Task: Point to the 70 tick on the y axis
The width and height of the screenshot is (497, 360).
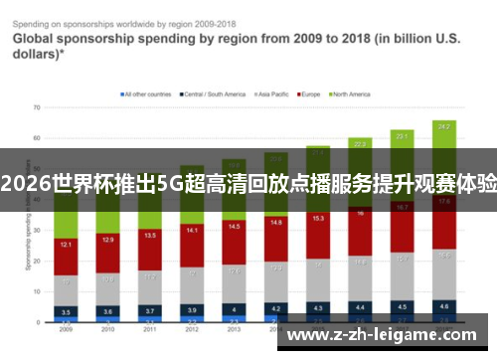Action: point(36,106)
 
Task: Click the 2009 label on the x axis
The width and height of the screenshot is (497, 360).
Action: point(66,329)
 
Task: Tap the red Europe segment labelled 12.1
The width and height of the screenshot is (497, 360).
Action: point(66,245)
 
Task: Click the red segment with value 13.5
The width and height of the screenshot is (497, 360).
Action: point(150,237)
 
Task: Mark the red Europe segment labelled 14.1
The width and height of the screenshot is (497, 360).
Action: point(192,231)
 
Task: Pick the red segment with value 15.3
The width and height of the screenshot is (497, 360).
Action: point(318,219)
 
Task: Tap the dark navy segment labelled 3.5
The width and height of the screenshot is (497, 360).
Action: point(66,311)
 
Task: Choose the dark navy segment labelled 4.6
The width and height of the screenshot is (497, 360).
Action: point(444,306)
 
